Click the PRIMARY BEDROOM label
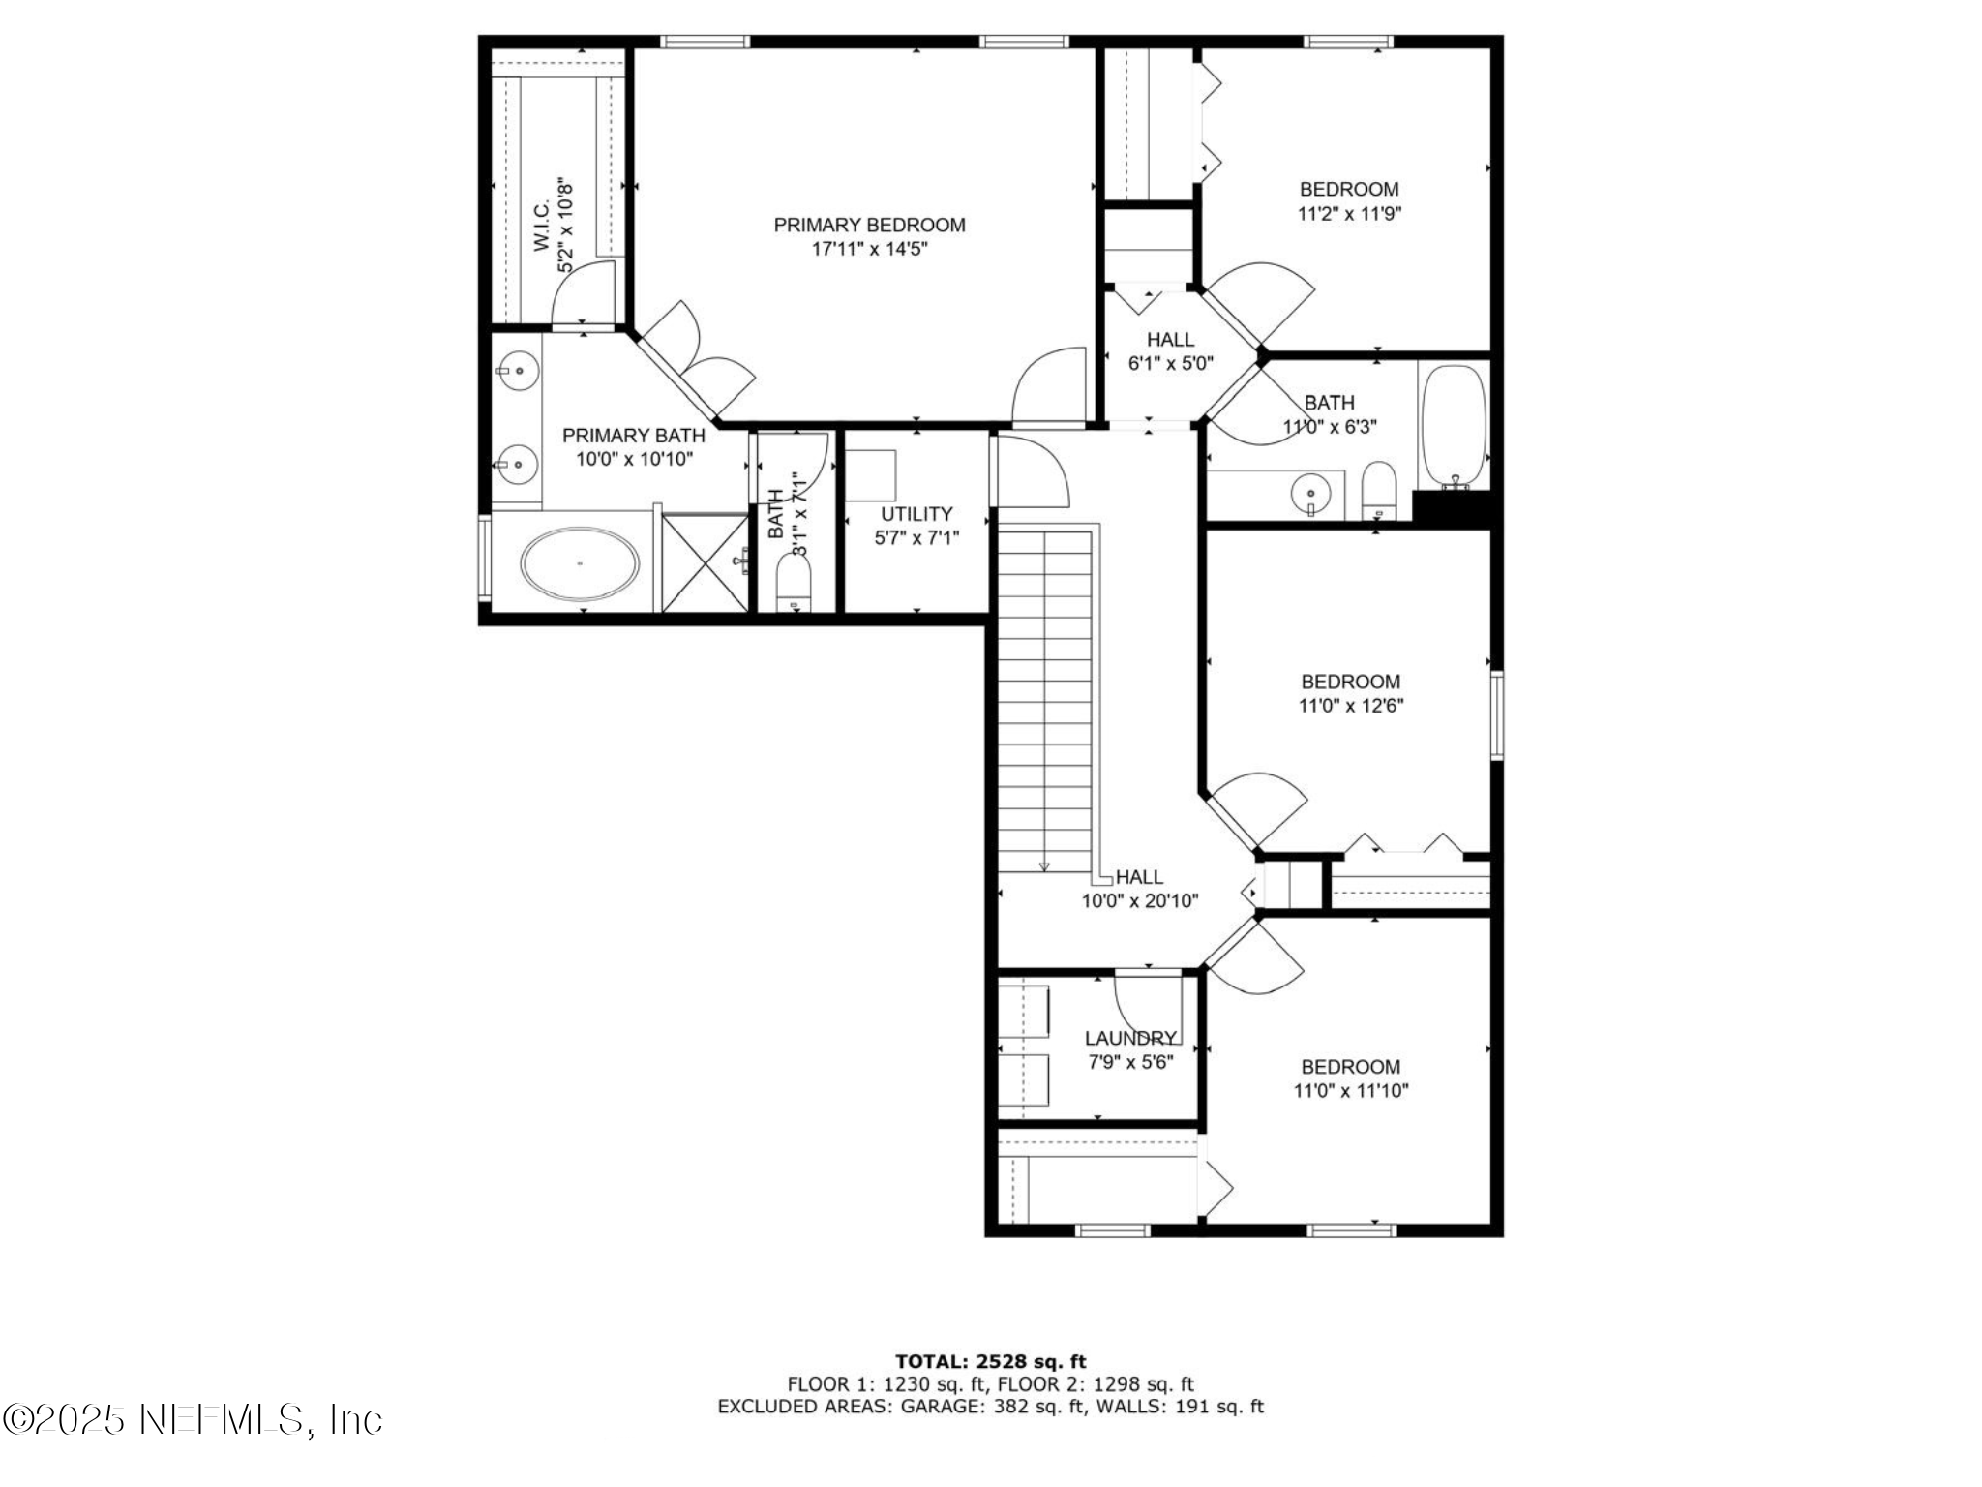[x=869, y=225]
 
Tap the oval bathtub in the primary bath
[x=580, y=562]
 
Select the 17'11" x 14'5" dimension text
[x=869, y=249]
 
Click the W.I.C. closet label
[x=542, y=226]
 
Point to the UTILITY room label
[x=916, y=514]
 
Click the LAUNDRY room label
[x=1129, y=1039]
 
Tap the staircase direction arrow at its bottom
[x=1044, y=865]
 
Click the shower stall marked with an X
[x=705, y=562]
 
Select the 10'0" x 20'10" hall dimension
[x=1139, y=901]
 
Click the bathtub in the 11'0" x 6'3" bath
[x=1454, y=425]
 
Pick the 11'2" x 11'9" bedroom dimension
[x=1349, y=214]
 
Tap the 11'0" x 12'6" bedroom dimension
[x=1350, y=706]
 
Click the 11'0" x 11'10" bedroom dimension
[x=1350, y=1091]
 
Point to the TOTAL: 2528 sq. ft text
[x=990, y=1362]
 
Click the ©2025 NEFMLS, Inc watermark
[x=193, y=1420]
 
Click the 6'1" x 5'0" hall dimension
[x=1170, y=364]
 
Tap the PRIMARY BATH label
[x=633, y=436]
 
